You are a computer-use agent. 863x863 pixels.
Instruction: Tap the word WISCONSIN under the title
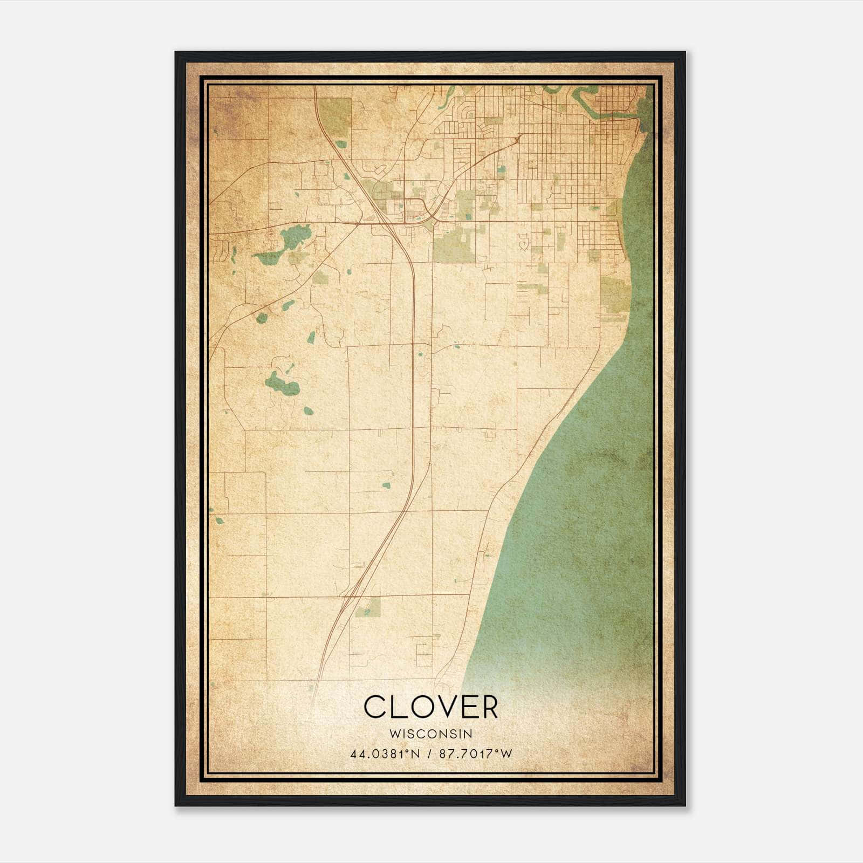click(430, 734)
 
